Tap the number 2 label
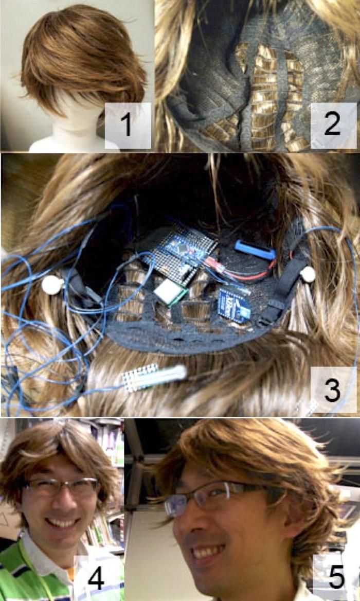tap(332, 125)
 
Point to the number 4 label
tap(96, 578)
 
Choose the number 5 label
tap(336, 578)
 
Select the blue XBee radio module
tap(234, 304)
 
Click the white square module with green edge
tap(169, 292)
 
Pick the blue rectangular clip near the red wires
tap(255, 250)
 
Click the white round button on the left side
tap(52, 285)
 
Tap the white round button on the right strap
tap(308, 274)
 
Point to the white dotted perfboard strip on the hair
tap(139, 378)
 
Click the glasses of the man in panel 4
tap(62, 486)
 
